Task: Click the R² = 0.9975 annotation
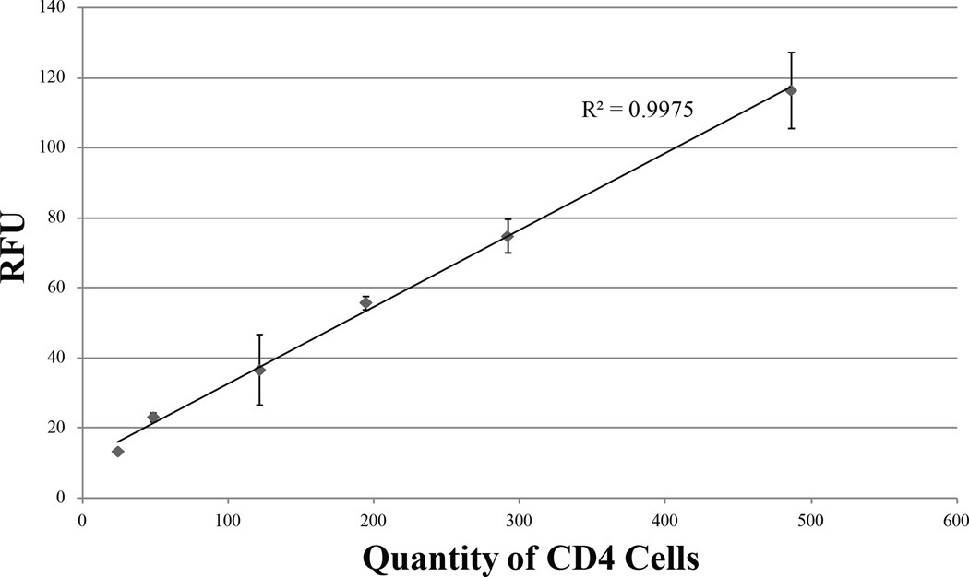pos(637,110)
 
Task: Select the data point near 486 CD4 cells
pos(791,90)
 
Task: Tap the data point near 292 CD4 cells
pos(508,237)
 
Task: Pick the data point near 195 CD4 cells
pos(365,302)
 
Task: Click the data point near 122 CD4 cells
pos(260,371)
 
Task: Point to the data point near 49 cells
pos(153,418)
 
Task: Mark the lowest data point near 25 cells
pos(118,452)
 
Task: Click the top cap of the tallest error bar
pos(791,53)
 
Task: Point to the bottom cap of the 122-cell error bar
pos(260,405)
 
